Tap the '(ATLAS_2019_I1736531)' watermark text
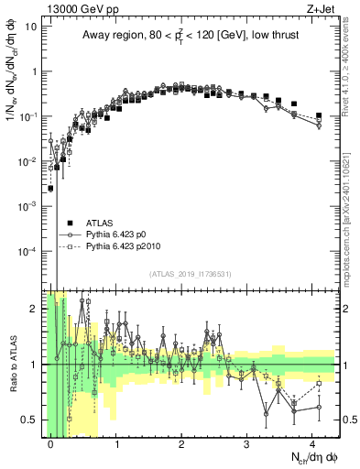(x=190, y=274)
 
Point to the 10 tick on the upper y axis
(x=33, y=27)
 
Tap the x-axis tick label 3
(x=247, y=442)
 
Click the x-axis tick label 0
(x=50, y=442)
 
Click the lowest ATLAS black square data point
(x=50, y=188)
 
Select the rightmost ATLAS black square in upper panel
(x=319, y=115)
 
